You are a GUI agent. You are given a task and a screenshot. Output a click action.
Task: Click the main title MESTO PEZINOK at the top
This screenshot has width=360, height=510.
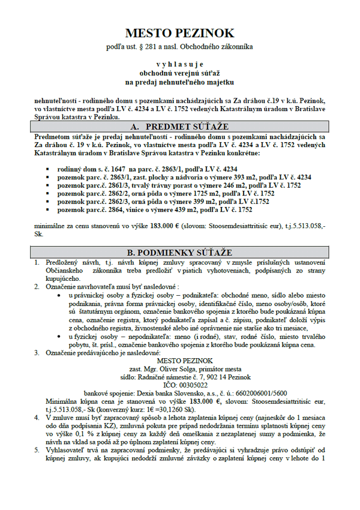(180, 33)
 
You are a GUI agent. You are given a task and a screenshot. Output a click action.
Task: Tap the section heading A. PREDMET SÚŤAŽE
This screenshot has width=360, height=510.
(180, 128)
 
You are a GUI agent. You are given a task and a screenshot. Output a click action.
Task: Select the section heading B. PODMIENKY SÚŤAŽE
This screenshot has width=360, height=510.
(180, 253)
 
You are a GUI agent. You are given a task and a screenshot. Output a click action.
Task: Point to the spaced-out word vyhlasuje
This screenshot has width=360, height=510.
(180, 64)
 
